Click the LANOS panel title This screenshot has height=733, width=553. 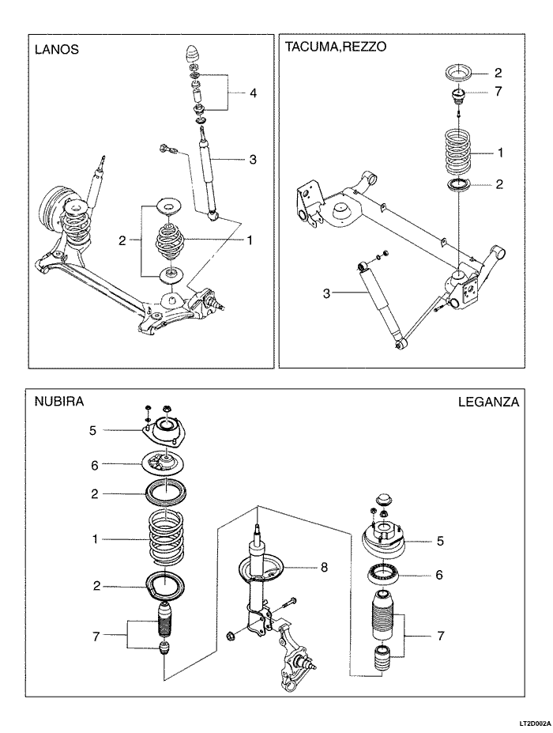click(56, 50)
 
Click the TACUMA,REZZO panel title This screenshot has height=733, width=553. click(335, 47)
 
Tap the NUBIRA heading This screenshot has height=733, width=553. click(58, 402)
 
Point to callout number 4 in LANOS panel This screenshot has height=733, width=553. click(253, 93)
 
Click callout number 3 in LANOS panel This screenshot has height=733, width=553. click(253, 160)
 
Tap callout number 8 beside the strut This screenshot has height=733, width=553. click(324, 567)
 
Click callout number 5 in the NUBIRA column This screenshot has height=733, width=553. click(92, 431)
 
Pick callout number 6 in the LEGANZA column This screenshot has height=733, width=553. click(439, 575)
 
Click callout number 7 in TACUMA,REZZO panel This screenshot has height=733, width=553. click(498, 92)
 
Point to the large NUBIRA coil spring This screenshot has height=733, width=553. click(167, 540)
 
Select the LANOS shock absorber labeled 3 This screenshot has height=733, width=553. click(209, 174)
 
